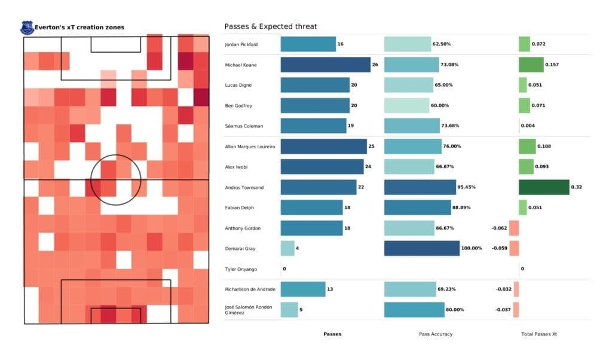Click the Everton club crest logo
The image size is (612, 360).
click(x=27, y=28)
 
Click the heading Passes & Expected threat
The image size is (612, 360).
click(x=270, y=26)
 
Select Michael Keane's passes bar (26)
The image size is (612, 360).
click(x=325, y=65)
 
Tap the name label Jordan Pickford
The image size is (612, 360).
click(x=243, y=44)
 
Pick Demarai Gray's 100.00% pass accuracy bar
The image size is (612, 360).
click(x=421, y=248)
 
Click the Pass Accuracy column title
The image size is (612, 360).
click(x=436, y=334)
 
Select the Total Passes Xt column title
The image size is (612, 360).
click(x=539, y=334)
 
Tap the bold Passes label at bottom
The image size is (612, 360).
click(x=332, y=334)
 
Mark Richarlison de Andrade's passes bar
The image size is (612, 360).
click(x=303, y=289)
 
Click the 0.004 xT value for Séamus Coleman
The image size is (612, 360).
click(x=528, y=126)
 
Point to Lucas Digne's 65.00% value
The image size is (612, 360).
click(x=445, y=85)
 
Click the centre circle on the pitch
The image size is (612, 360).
click(x=116, y=179)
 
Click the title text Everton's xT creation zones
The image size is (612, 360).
click(x=79, y=28)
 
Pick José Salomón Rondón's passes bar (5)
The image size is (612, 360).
click(x=289, y=309)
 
